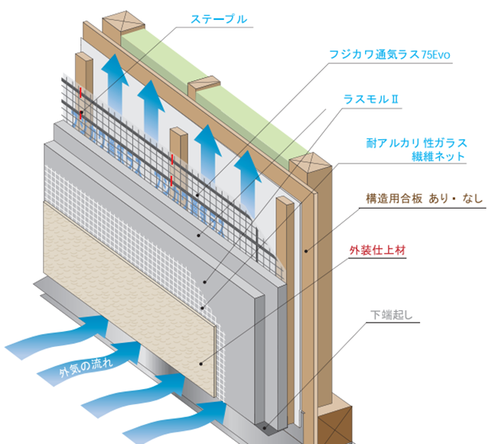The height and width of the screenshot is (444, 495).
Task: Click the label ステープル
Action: coord(219,19)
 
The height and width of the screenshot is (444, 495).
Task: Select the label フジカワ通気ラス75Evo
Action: coord(395,56)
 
